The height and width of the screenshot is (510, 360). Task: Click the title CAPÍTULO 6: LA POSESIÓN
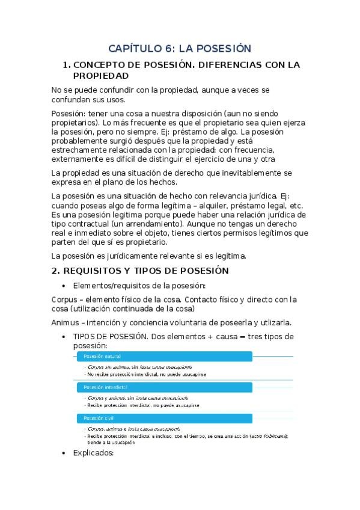click(x=179, y=48)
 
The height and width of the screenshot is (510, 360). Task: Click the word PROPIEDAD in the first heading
click(x=100, y=76)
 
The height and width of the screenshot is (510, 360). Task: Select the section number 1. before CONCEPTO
click(x=67, y=65)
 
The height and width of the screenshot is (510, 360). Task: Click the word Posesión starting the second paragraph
click(x=68, y=114)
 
